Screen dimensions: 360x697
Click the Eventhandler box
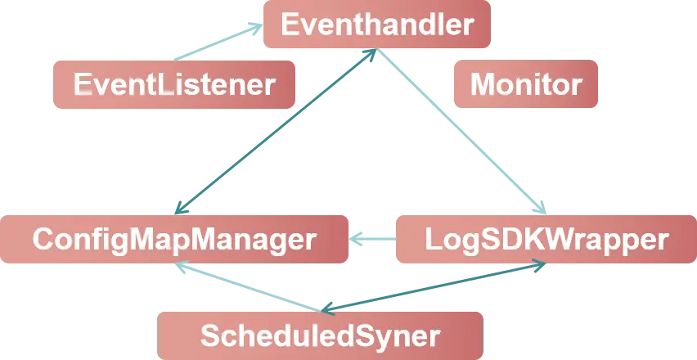[x=376, y=25]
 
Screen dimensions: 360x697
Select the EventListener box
[x=174, y=84]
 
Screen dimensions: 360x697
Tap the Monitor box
[x=525, y=84]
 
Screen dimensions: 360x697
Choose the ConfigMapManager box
[x=173, y=239]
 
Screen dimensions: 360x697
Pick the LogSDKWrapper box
[x=546, y=239]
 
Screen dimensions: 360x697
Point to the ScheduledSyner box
[x=320, y=335]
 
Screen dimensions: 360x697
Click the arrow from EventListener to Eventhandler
[x=214, y=42]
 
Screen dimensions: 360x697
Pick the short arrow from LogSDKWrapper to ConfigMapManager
[x=375, y=240]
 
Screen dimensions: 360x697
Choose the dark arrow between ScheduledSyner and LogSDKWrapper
[x=434, y=286]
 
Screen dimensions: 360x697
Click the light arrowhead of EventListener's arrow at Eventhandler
[x=255, y=28]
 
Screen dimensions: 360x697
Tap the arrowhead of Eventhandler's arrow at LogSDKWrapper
[x=541, y=207]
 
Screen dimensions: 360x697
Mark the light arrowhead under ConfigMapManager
[x=184, y=265]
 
